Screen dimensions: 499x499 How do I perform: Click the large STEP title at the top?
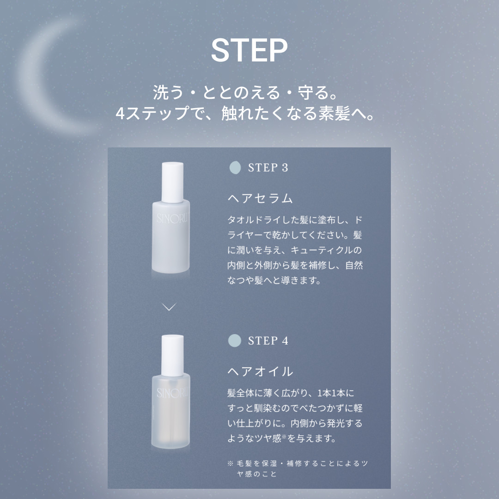249,50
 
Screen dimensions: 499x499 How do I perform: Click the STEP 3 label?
268,168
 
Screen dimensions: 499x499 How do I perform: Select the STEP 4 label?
268,341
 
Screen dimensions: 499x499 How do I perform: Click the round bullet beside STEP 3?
235,168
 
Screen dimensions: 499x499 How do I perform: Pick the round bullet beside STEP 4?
235,341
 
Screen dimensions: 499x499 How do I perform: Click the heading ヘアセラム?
261,198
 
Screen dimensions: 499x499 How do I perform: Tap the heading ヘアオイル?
261,371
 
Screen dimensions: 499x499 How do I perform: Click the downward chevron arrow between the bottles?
170,307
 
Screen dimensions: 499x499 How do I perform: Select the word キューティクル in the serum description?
326,250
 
